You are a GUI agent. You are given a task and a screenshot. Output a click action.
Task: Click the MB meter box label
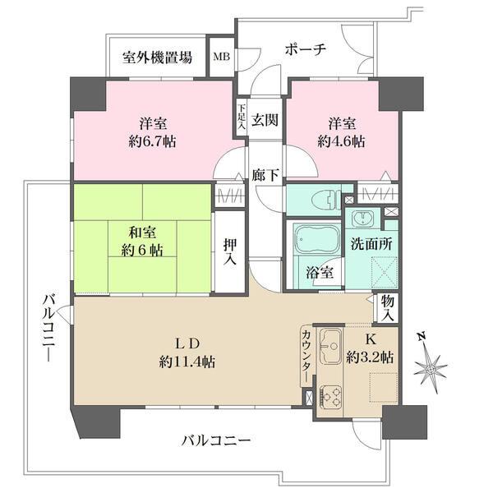click(x=221, y=58)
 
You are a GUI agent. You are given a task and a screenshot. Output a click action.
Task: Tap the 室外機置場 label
click(x=158, y=58)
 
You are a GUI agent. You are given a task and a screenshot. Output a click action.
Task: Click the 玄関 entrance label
click(x=265, y=119)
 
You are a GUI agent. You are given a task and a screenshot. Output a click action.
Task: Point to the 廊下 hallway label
click(x=265, y=175)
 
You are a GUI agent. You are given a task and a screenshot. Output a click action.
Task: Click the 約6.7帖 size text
click(x=153, y=141)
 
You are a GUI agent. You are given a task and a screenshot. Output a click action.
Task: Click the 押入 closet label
click(x=231, y=252)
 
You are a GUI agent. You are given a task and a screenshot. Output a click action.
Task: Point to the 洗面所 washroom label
click(x=362, y=244)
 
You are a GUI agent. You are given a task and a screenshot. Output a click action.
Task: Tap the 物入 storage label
click(x=387, y=308)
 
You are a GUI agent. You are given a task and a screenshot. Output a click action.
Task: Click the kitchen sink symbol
click(x=332, y=347)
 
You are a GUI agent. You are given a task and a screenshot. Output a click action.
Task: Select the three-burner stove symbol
click(x=332, y=397)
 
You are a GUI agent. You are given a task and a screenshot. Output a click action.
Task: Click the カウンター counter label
click(x=306, y=354)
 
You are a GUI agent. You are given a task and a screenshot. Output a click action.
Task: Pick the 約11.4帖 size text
click(x=188, y=362)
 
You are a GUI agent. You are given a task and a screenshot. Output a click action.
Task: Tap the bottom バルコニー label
click(x=216, y=441)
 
